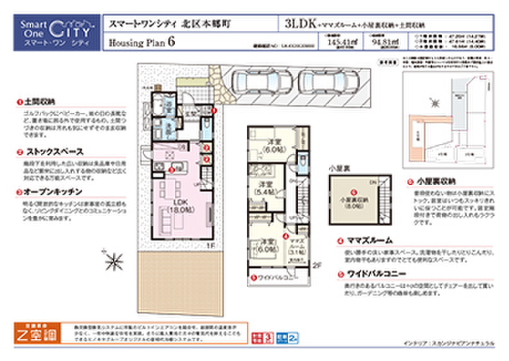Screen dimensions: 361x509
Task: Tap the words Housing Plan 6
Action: pyautogui.click(x=142, y=42)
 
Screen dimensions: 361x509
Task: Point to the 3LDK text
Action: pyautogui.click(x=298, y=24)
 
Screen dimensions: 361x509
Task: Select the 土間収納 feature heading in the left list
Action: pyautogui.click(x=40, y=102)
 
